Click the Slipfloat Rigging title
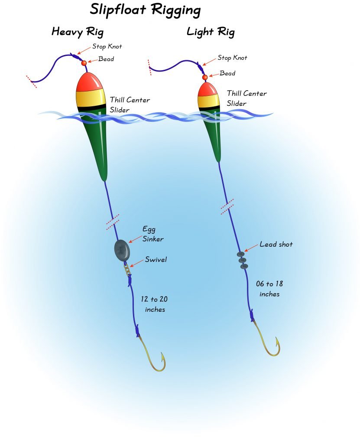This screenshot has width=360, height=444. pos(145,10)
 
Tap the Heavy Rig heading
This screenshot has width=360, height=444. pos(78,32)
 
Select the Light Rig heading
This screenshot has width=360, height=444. pos(211,32)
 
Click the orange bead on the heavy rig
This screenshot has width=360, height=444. pos(84,63)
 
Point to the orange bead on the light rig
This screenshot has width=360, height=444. pos(205,77)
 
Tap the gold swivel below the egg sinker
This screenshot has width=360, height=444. pos(127,269)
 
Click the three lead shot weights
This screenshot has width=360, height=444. pos(243,260)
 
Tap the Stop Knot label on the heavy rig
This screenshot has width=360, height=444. pos(107,46)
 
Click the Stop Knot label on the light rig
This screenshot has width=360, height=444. pos(232,58)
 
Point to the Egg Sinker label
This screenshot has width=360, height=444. pos(153,234)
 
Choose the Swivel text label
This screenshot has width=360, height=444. pos(156,259)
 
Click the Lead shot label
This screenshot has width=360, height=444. pos(276,244)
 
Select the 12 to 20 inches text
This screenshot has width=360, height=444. pos(154,304)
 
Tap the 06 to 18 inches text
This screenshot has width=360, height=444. pos(269,289)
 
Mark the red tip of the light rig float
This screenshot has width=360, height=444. pos(208,89)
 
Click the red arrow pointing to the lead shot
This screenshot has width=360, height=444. pos(251,247)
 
